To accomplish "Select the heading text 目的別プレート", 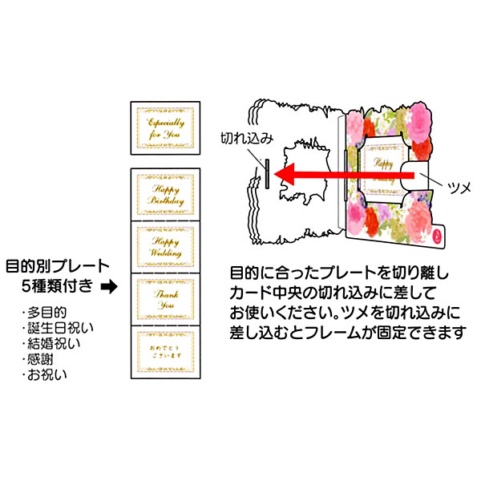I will tap(57, 266).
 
